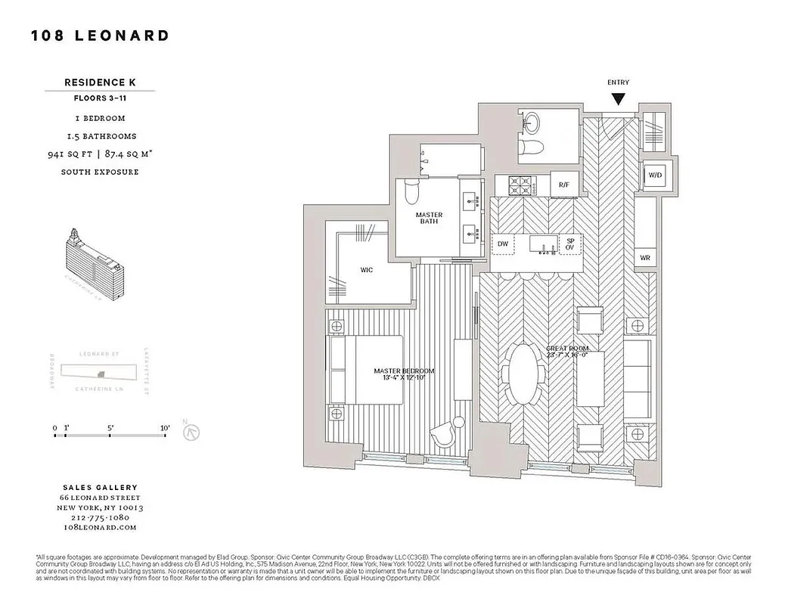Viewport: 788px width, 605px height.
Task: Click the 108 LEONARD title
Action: pos(100,36)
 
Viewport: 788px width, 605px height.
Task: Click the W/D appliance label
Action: pos(654,175)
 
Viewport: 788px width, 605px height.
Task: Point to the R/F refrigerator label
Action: pos(563,185)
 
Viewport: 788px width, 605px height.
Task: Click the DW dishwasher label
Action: pos(503,244)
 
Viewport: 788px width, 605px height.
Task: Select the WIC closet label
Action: pos(366,269)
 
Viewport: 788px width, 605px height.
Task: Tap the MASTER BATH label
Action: pos(429,219)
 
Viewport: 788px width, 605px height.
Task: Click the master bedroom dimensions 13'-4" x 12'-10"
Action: pos(404,379)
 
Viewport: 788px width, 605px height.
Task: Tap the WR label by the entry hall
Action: pos(645,258)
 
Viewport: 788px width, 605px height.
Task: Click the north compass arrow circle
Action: pos(194,433)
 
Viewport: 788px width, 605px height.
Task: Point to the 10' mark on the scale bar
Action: pos(165,429)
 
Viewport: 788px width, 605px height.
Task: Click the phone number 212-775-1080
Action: pos(100,517)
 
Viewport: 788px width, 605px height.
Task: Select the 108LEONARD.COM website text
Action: pos(100,528)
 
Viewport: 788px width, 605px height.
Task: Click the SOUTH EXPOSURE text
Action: pos(100,172)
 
